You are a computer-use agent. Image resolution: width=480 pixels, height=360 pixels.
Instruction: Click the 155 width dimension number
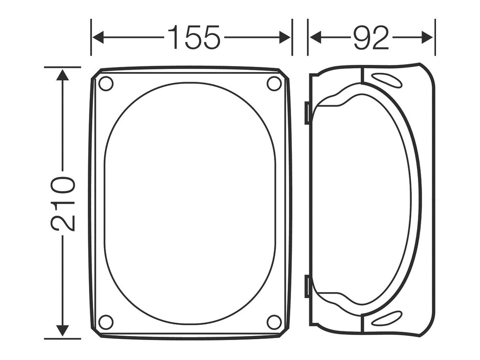193,37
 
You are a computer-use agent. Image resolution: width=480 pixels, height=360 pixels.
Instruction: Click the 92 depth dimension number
371,37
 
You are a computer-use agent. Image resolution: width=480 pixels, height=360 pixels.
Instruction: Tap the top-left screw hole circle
106,84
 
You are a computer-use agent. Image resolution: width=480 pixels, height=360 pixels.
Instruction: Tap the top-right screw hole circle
274,84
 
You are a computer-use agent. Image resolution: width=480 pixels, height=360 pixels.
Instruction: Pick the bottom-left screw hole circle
106,322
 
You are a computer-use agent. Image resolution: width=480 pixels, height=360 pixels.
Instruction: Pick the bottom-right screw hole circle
274,322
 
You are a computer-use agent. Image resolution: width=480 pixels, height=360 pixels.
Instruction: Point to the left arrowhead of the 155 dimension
98,37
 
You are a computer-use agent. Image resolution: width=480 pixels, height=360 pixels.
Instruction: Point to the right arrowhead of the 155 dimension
285,37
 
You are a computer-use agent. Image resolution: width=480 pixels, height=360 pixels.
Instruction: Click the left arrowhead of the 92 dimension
315,37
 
